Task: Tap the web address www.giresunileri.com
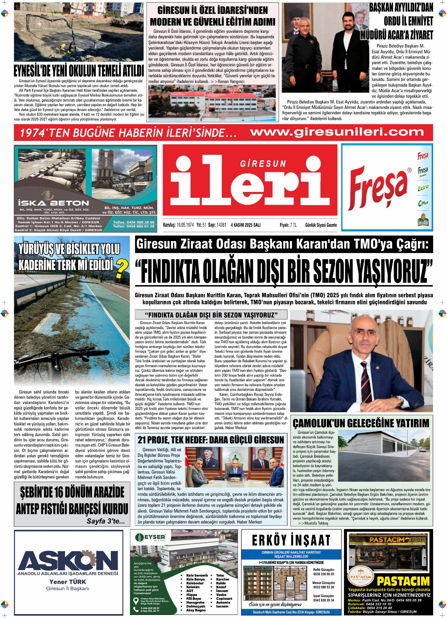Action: coord(337,132)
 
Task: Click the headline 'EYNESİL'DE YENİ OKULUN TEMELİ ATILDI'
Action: coord(79,71)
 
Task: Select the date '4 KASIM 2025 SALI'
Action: coord(246,225)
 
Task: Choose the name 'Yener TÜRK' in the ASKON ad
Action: coord(68,582)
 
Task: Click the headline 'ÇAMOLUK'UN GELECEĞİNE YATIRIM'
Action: coord(361,423)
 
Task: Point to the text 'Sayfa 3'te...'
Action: coord(105,521)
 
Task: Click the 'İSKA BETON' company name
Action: coord(53,203)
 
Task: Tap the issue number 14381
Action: coord(221,225)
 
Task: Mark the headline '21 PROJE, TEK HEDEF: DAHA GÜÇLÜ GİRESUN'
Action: coord(211,440)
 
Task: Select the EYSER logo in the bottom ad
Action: coord(151,537)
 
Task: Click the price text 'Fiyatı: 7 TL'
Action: coord(288,225)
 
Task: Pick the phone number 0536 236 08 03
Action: coord(323,574)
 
